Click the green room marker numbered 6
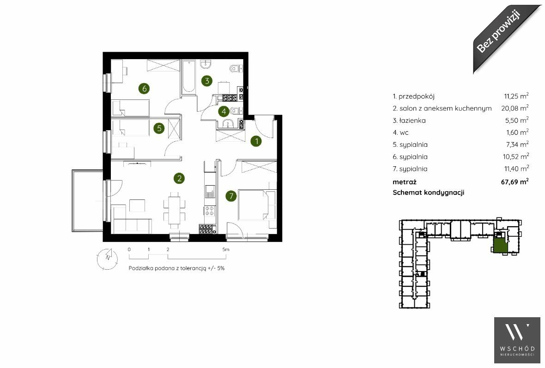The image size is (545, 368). coord(144,88)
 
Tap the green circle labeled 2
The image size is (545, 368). coord(179,178)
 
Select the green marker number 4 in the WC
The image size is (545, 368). coord(224,111)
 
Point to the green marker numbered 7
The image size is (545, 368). coord(231,196)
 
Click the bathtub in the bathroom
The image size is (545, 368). coord(189,77)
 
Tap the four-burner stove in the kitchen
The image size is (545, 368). coord(210,210)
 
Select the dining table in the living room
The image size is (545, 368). coord(174,210)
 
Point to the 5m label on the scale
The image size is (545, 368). coord(226,249)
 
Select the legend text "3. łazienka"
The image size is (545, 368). coord(409,121)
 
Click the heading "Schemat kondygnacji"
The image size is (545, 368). coord(428,193)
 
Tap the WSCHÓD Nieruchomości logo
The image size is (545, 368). coord(517,340)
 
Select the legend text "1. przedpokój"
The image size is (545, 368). coord(414,97)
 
